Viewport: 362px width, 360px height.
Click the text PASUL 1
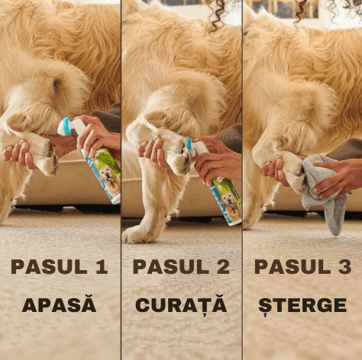(x=60, y=266)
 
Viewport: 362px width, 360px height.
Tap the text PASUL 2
(x=181, y=266)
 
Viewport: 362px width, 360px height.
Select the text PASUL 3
(x=302, y=266)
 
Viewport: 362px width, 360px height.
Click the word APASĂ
(x=60, y=306)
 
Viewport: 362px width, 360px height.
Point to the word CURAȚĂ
(x=181, y=306)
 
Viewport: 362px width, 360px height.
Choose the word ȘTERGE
(x=302, y=306)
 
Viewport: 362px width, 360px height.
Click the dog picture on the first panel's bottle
(x=109, y=182)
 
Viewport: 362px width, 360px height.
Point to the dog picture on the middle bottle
(x=229, y=204)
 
